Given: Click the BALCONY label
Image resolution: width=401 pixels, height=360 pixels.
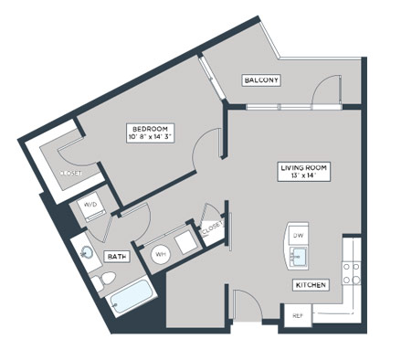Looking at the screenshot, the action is point(261,80).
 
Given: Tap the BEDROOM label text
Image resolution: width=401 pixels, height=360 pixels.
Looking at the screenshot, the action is point(150,129).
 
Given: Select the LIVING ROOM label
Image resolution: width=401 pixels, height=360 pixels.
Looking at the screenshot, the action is point(303,168).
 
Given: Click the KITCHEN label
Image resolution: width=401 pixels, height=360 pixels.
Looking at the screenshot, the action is point(311,285).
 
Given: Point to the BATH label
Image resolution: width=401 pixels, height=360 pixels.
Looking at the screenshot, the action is point(117,257).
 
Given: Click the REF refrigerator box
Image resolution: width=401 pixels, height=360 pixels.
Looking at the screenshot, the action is point(298,316).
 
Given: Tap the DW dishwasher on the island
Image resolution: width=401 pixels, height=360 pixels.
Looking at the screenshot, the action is point(298,236).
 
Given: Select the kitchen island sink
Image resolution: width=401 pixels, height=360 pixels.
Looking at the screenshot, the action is point(299,258).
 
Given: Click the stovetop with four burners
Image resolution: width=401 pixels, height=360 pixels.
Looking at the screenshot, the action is point(352,273).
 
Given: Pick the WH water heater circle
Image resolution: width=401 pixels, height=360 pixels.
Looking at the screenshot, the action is point(161,254).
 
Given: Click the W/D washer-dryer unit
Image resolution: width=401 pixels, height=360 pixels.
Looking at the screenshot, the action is point(90,206).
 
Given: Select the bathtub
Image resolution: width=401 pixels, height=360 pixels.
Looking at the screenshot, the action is point(132,298).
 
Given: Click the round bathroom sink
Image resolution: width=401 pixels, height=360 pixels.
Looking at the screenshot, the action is point(88,252).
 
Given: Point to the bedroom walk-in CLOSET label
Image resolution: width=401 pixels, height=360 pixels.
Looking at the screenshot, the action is point(70,174).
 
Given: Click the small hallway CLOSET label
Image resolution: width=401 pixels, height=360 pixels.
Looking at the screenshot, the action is point(212,228).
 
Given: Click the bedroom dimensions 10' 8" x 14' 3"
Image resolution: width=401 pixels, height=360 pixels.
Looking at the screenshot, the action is point(151,137).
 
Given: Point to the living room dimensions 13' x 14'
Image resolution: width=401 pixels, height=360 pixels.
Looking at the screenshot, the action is point(303,175).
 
